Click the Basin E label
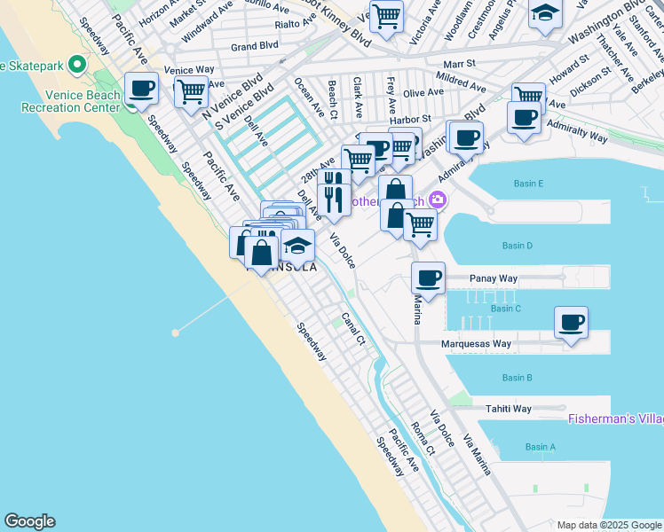(x=527, y=184)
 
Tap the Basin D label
(x=517, y=246)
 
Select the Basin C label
(x=506, y=309)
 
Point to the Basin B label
(x=517, y=378)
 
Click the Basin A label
(x=541, y=447)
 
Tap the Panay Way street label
(x=494, y=278)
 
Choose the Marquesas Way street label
(x=477, y=344)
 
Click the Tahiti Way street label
(x=508, y=409)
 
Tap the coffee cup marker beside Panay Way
(x=428, y=278)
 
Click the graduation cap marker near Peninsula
(x=298, y=245)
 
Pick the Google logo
(x=29, y=521)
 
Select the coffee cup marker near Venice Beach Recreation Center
(x=141, y=89)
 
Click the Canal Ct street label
(x=353, y=327)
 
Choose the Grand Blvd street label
(x=255, y=46)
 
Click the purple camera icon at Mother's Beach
(x=437, y=200)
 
